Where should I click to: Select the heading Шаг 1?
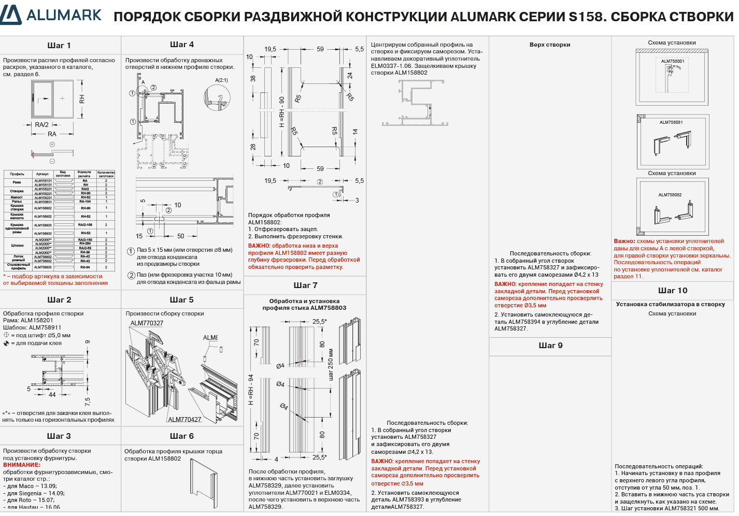pyautogui.click(x=59, y=46)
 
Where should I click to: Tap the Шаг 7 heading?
pyautogui.click(x=305, y=285)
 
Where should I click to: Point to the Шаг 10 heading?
pyautogui.click(x=673, y=291)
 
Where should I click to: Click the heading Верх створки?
pyautogui.click(x=550, y=45)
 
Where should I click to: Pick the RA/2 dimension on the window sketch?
pyautogui.click(x=42, y=125)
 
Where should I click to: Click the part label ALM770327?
pyautogui.click(x=147, y=323)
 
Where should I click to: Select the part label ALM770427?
pyautogui.click(x=184, y=420)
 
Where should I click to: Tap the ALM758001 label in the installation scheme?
pyautogui.click(x=672, y=61)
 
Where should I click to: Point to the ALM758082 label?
pyautogui.click(x=670, y=195)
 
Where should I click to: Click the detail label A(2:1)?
pyautogui.click(x=221, y=80)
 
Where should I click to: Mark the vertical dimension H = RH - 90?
pyautogui.click(x=282, y=112)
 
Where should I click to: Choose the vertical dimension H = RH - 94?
pyautogui.click(x=251, y=390)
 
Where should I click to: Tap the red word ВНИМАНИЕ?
pyautogui.click(x=22, y=465)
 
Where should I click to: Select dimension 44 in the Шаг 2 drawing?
pyautogui.click(x=52, y=395)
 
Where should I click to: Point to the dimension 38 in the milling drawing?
pyautogui.click(x=253, y=79)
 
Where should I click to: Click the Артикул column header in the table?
pyautogui.click(x=42, y=174)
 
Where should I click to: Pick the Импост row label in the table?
pyautogui.click(x=17, y=197)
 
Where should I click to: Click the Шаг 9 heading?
pyautogui.click(x=550, y=346)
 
